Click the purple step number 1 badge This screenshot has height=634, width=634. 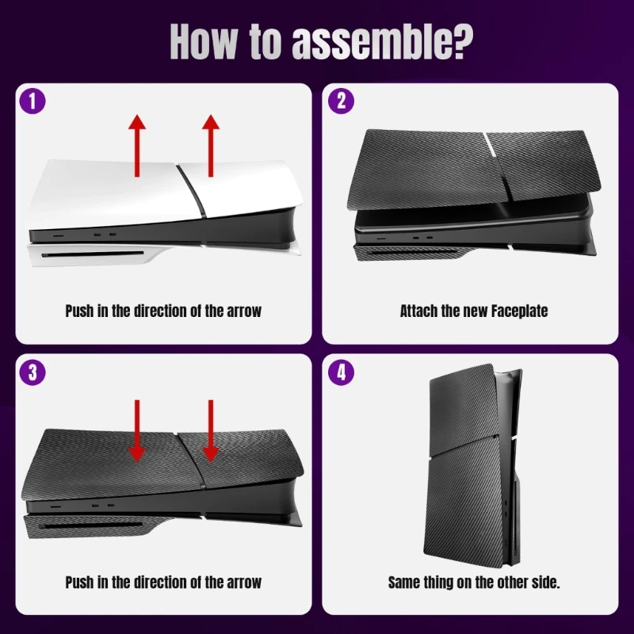32,101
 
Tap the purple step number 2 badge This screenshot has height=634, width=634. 342,101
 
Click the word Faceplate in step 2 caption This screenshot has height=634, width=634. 517,311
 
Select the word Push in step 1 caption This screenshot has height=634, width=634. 79,311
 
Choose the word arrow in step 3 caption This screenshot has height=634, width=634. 241,582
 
